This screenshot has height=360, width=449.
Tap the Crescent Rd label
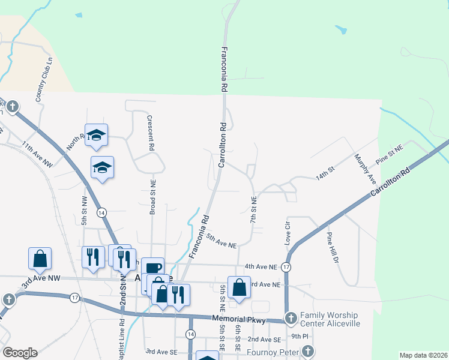[151, 132]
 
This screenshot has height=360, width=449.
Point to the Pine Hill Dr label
[333, 248]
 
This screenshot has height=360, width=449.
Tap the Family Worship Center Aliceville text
[329, 319]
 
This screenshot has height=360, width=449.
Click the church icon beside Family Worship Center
[291, 318]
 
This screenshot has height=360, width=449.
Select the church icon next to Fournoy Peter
[307, 351]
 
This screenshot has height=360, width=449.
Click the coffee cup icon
[153, 267]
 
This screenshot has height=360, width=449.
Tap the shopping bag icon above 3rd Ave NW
[40, 259]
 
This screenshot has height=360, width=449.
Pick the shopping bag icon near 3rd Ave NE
[239, 287]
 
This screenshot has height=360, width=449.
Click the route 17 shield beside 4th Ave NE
[286, 266]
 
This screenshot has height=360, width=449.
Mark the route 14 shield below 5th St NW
[102, 213]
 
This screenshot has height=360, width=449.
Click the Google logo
[19, 353]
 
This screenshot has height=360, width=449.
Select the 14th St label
[324, 176]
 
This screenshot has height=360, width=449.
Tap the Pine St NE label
[388, 154]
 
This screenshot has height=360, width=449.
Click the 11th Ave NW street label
[37, 155]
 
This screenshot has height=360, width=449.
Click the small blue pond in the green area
[340, 29]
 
